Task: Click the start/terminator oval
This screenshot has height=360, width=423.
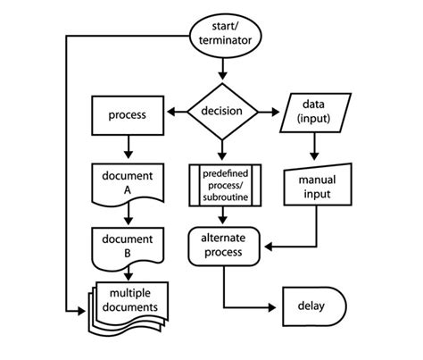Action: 226,36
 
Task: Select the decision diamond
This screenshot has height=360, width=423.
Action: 222,112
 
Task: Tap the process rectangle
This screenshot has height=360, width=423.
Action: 128,115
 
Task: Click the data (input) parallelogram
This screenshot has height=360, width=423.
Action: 315,113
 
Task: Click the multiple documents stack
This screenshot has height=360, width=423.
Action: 129,308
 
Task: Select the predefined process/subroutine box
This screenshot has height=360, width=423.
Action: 225,185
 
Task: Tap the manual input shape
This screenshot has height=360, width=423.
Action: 318,185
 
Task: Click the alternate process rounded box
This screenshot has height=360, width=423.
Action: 224,247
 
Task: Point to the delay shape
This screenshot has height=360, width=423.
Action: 314,306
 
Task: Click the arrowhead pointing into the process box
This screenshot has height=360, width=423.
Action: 171,112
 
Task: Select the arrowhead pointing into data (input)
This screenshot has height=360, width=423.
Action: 275,112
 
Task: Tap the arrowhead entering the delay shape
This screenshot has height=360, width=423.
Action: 272,307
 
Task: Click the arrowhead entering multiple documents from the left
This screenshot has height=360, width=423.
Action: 81,312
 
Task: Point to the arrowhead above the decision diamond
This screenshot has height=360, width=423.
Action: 222,75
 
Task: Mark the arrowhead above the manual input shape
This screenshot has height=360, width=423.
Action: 314,155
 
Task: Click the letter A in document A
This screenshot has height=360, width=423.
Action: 128,190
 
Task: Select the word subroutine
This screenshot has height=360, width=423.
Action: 226,197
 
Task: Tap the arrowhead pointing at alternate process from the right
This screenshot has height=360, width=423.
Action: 269,247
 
